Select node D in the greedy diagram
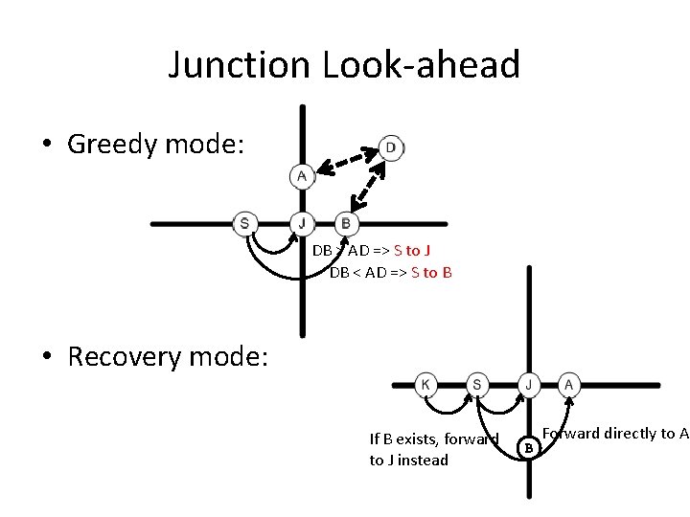tap(390, 146)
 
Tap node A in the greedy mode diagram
tap(302, 176)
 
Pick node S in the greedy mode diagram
tap(245, 224)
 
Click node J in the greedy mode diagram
tap(302, 224)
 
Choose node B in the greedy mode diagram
tap(345, 224)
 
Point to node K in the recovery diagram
tap(425, 385)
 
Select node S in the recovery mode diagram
tap(476, 385)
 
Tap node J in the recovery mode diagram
tap(528, 385)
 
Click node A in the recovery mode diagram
tap(568, 385)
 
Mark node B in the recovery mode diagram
tap(528, 445)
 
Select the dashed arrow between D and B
tap(368, 186)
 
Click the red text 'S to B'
tap(431, 272)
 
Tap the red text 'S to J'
tap(412, 251)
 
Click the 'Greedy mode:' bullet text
tap(156, 145)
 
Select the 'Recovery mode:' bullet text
tap(168, 356)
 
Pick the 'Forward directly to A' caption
tap(615, 433)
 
